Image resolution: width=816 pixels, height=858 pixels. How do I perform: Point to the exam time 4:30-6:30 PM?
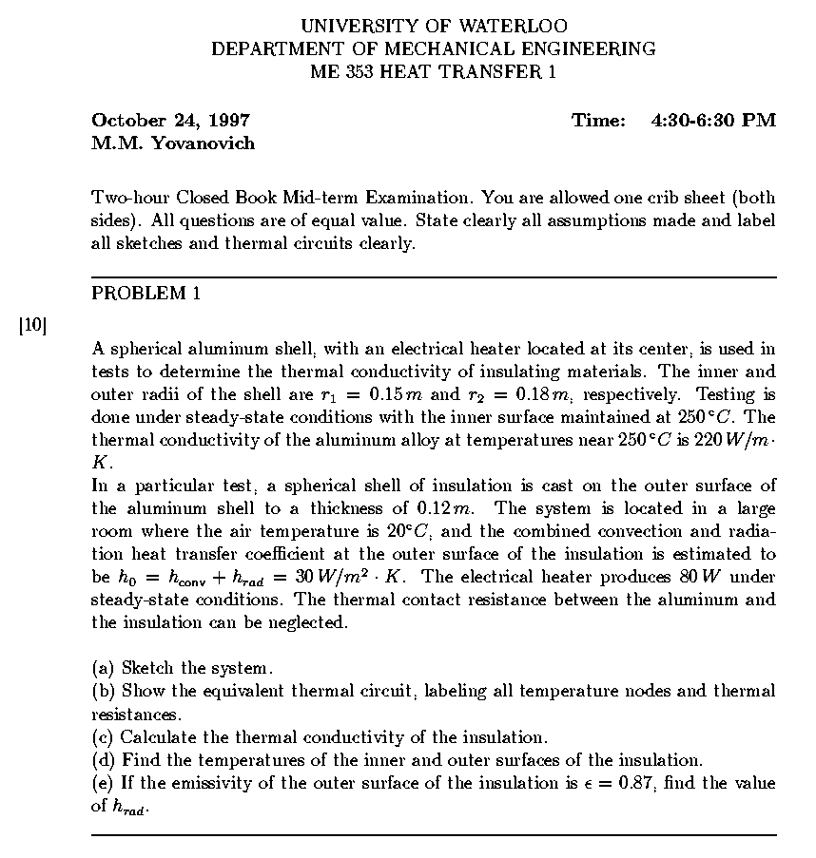[x=713, y=121]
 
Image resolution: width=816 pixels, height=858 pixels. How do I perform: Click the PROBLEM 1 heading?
[x=146, y=294]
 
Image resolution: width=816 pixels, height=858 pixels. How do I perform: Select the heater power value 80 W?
[x=711, y=577]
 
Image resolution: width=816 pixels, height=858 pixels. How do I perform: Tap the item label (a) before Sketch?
[x=104, y=668]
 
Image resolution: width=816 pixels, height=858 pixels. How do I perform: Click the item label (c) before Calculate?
[x=103, y=737]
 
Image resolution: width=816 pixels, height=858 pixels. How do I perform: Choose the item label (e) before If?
[x=103, y=783]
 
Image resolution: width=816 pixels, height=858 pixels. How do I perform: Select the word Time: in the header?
[x=599, y=121]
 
